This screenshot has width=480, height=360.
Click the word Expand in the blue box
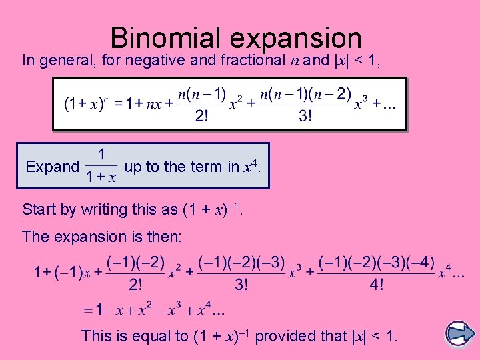pos(52,167)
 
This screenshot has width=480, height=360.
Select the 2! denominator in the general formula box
pos(201,116)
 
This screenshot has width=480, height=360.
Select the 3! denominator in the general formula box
pos(305,116)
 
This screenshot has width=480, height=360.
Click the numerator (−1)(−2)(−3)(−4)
pos(377,262)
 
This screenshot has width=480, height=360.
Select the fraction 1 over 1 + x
pos(101,167)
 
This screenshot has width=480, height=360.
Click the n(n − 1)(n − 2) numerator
pos(305,93)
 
